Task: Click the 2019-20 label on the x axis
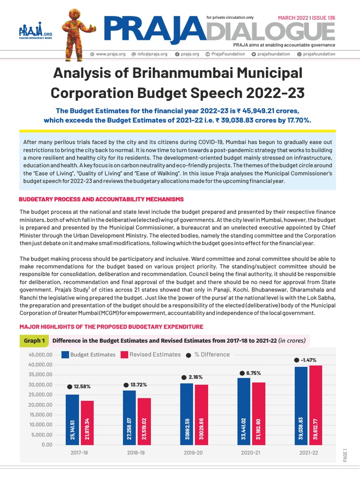194,453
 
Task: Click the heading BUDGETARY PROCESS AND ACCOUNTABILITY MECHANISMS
101,199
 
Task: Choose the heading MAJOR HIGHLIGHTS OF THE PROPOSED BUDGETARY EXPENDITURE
111,326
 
